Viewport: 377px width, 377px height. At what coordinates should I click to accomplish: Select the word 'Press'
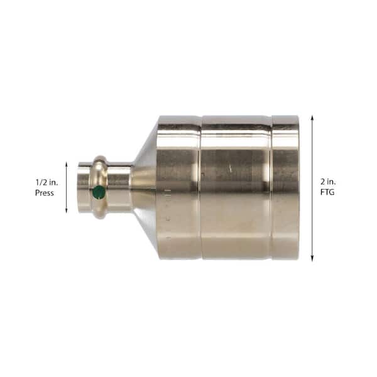point(45,194)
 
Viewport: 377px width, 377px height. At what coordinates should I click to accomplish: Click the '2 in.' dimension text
point(327,180)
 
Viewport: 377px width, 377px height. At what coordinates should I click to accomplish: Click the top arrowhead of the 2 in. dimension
point(312,117)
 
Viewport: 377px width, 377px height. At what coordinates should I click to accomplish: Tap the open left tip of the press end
point(79,187)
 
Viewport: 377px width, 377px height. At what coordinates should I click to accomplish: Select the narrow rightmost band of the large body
point(285,187)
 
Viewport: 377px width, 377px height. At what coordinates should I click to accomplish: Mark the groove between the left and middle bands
point(200,187)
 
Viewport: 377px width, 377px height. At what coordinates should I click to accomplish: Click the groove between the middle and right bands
point(271,187)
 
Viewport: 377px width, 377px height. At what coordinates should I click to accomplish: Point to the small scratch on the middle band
point(231,168)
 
